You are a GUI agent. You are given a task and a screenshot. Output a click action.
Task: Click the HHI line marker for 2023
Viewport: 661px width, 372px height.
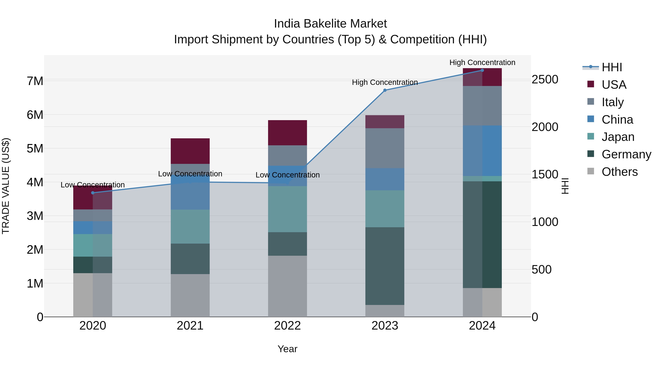tap(385, 90)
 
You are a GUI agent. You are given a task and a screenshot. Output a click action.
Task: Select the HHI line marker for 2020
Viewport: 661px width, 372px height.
tap(93, 193)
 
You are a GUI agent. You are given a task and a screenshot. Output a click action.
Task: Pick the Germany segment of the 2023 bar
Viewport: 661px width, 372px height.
tap(385, 266)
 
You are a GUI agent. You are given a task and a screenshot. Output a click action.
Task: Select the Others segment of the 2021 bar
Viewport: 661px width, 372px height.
tap(190, 295)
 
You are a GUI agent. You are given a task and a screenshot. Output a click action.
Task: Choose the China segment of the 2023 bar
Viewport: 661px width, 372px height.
tap(385, 179)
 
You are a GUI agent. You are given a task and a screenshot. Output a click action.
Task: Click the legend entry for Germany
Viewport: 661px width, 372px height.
tap(626, 154)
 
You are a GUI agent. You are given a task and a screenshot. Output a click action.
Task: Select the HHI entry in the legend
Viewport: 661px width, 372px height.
tap(612, 67)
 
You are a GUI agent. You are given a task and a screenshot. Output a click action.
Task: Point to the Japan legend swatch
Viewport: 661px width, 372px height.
tap(590, 136)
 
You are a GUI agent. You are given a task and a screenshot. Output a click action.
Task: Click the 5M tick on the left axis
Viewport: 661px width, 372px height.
tap(35, 148)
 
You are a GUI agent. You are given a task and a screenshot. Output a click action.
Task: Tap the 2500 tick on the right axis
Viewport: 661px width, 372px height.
tap(545, 79)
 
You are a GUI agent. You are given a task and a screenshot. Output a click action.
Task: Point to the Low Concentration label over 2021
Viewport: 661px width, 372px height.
tap(190, 174)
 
